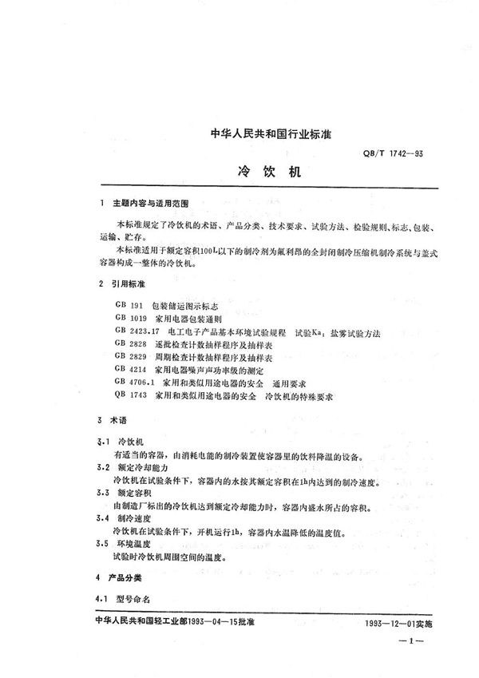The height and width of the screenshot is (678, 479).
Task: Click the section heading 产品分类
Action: pos(132,577)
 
